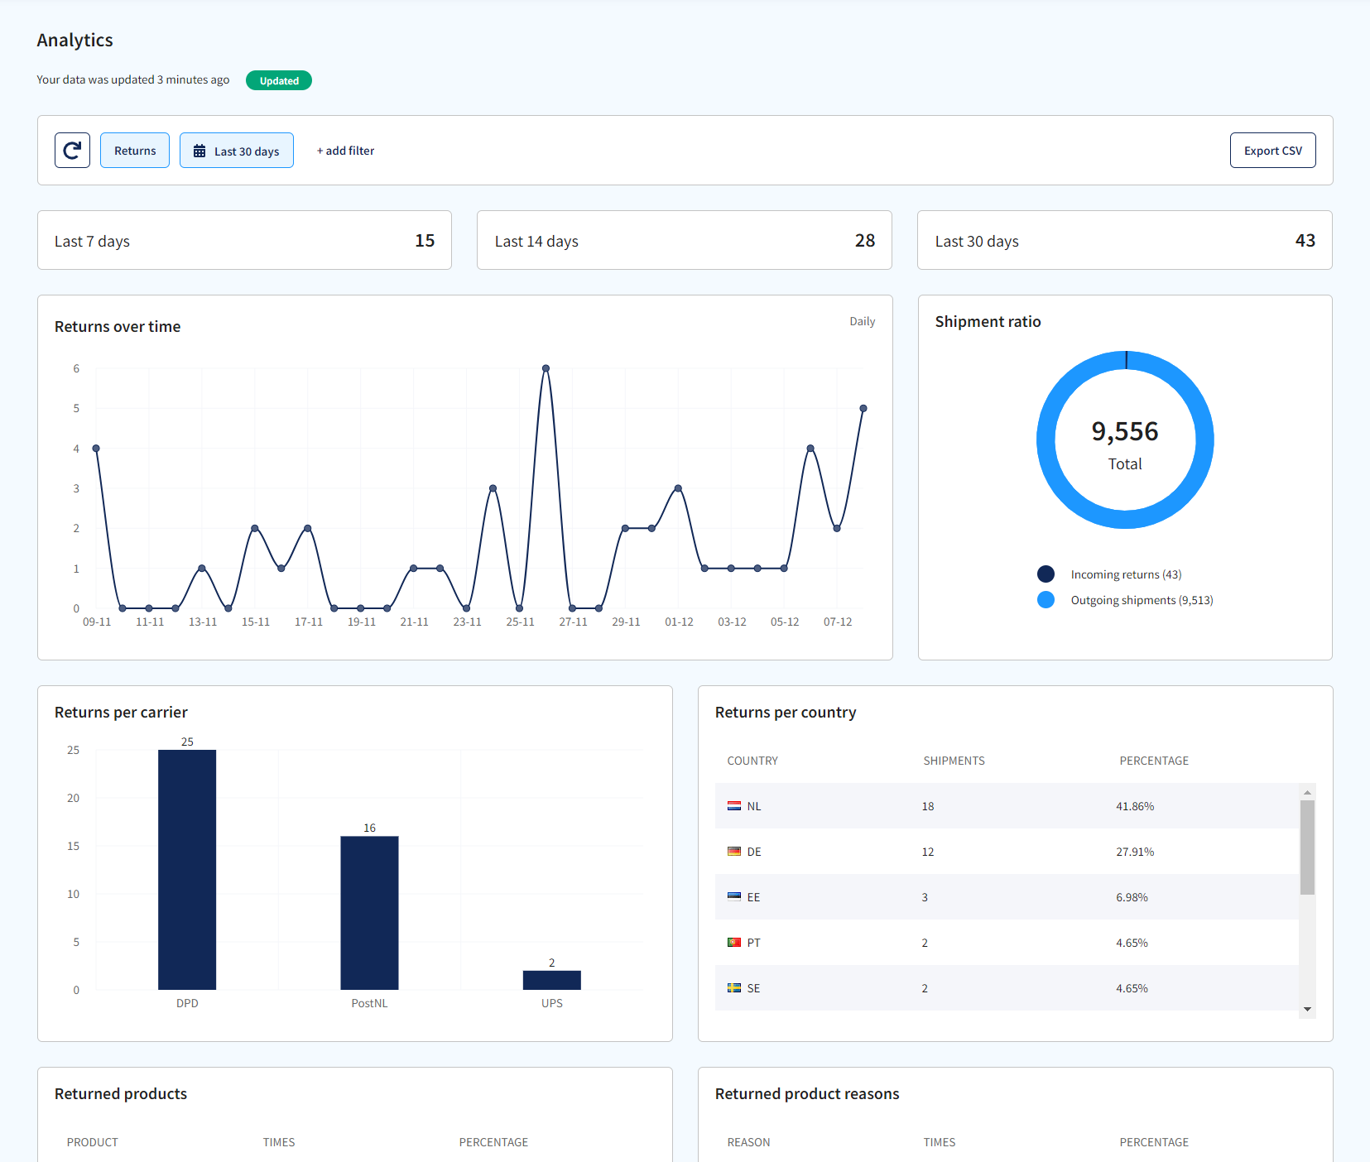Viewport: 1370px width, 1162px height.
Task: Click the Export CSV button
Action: coord(1272,151)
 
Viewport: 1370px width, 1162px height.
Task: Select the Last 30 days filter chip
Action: coord(237,151)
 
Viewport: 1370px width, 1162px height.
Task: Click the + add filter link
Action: coord(345,151)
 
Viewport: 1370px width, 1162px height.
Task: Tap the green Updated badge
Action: coord(279,80)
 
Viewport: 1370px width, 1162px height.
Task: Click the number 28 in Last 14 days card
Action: coord(864,241)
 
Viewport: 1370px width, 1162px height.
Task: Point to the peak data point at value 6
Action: coord(546,368)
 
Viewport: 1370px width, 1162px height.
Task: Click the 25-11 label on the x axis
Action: coord(520,622)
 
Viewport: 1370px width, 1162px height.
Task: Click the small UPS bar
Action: coord(551,980)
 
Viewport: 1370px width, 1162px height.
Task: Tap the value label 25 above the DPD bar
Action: coord(187,742)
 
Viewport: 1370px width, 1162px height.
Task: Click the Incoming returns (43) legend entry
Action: coord(1125,574)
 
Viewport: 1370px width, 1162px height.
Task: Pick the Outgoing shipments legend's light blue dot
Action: coord(1046,600)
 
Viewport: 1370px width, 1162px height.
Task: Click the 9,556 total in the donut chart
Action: coord(1124,431)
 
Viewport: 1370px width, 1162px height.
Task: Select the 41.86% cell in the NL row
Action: coord(1134,806)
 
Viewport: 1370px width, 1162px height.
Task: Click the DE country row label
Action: coord(753,852)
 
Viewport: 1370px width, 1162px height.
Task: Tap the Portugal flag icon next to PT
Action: coord(733,943)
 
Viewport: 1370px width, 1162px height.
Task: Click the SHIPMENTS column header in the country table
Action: coord(954,761)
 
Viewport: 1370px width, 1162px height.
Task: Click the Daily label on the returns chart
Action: coord(862,321)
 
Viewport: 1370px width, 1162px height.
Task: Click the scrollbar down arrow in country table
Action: coord(1307,1009)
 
